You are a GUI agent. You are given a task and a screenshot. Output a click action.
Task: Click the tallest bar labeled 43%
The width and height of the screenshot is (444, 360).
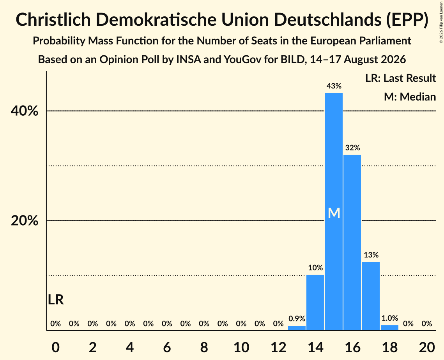coord(334,212)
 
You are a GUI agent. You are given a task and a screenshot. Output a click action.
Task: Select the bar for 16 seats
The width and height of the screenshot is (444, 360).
coord(352,242)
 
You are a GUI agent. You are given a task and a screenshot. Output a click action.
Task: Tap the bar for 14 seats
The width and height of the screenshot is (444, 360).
coord(315,302)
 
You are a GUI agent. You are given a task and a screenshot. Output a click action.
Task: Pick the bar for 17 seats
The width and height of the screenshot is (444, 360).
coord(371,296)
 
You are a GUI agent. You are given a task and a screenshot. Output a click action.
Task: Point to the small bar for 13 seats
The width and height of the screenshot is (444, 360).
coord(297,328)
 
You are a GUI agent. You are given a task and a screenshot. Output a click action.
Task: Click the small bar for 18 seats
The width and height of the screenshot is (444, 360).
coord(390,327)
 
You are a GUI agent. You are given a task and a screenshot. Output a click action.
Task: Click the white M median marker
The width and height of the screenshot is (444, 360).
coord(334,213)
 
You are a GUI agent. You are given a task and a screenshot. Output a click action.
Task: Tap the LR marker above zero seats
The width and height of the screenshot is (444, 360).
coord(56,300)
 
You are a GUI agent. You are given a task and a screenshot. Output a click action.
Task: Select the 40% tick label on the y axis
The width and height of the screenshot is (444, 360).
coord(24,111)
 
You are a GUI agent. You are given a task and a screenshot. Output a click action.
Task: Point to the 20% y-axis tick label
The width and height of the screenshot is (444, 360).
coord(24,221)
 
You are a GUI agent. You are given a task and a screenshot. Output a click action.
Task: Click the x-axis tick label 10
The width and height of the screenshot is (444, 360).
coord(241,347)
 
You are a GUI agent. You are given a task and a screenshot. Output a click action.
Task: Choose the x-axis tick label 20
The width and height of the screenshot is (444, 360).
coord(427,347)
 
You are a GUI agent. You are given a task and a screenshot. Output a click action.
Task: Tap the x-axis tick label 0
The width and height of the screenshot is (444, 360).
coord(56,347)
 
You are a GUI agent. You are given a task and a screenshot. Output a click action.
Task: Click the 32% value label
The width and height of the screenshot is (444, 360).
coord(352,147)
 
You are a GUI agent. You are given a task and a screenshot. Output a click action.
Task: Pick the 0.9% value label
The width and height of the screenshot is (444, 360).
coord(297,319)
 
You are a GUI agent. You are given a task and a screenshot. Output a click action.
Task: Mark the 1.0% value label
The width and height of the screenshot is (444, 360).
coord(390,318)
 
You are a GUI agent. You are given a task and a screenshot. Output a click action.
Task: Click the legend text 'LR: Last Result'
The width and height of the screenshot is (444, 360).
coord(400,78)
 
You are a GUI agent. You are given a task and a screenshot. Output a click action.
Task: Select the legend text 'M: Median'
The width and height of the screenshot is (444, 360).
coord(410,97)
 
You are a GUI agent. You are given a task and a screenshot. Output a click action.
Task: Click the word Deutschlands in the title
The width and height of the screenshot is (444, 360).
coord(327,19)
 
